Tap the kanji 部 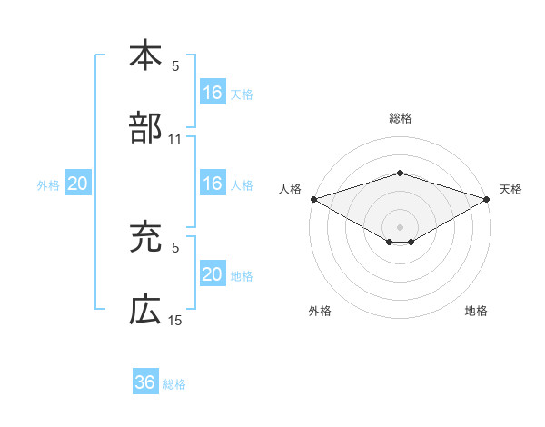click(x=144, y=128)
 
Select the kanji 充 click(x=144, y=238)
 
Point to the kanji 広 click(x=144, y=311)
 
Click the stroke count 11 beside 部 click(x=175, y=139)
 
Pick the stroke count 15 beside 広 click(x=175, y=321)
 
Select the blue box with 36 click(x=145, y=383)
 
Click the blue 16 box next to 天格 click(x=213, y=92)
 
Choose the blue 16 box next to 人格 click(x=213, y=184)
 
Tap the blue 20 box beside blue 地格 click(x=213, y=274)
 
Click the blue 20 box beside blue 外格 click(x=78, y=184)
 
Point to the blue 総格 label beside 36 click(x=174, y=384)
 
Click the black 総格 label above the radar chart click(x=400, y=118)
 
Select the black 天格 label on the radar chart click(x=511, y=189)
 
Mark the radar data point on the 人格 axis click(x=313, y=198)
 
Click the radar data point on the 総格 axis click(x=400, y=173)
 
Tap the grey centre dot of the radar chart click(x=400, y=226)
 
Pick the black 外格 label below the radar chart click(x=320, y=311)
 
